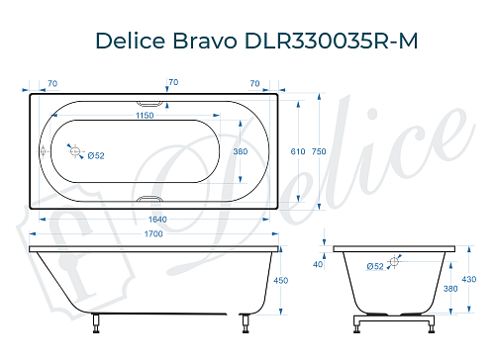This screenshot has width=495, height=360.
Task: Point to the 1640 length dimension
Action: click(x=150, y=220)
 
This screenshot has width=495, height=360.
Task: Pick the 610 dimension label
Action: click(x=297, y=151)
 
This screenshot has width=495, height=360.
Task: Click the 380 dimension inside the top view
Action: click(x=239, y=151)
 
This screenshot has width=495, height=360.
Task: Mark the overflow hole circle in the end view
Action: click(x=395, y=262)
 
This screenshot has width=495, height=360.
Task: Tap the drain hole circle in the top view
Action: click(x=73, y=150)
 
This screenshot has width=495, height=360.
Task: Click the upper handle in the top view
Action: click(x=150, y=102)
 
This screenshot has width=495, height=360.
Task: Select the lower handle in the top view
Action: click(x=150, y=199)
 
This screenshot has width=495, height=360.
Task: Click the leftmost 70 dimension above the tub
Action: click(x=51, y=82)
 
